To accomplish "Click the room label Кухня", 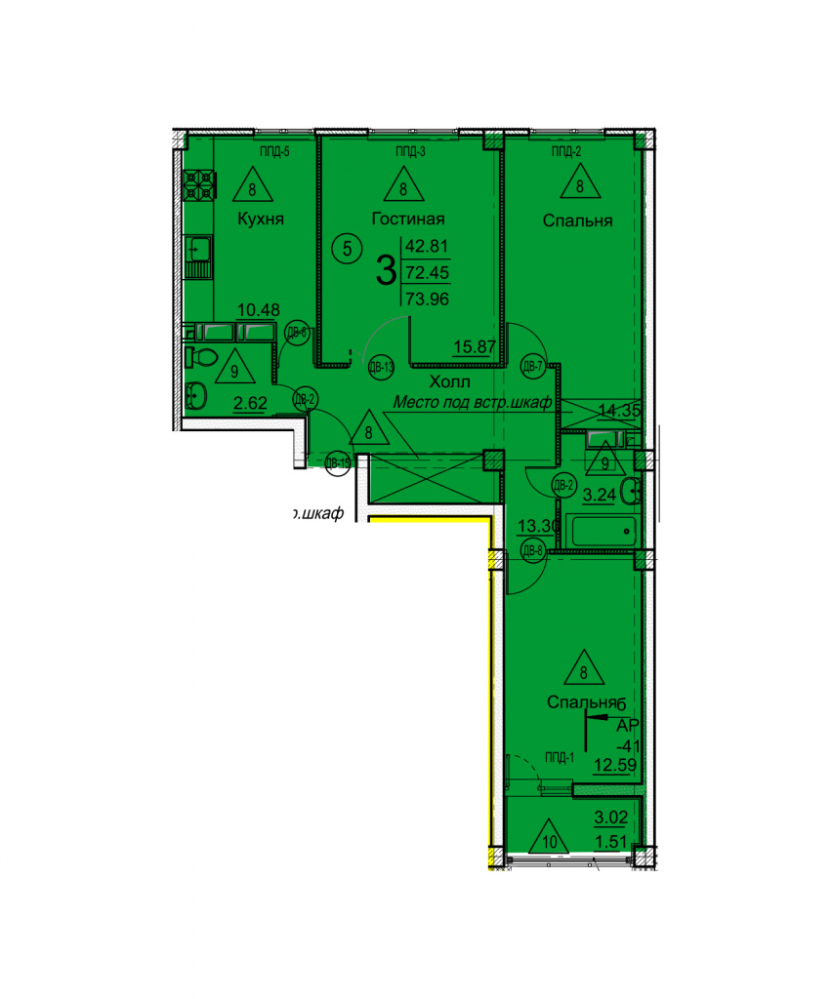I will coord(261,220).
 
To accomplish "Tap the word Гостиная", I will coord(408,220).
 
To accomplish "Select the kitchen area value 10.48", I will coord(260,310).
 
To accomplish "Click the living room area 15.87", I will coord(474,344).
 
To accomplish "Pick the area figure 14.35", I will coord(619,411).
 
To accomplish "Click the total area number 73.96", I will coord(427,300).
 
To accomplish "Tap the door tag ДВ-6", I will coord(297,334).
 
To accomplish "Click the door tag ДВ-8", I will coord(532,551).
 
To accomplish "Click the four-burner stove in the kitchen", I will coord(201,185).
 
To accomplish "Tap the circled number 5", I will coord(348,248).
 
